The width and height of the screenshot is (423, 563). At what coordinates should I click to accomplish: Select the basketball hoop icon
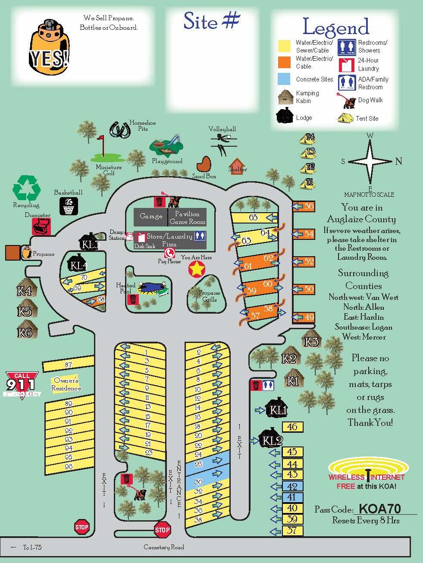point(69,206)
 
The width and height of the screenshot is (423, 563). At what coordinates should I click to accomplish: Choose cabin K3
point(311,340)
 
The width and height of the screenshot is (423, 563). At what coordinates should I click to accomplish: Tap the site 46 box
point(292,427)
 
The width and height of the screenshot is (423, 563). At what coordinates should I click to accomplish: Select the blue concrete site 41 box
point(292,497)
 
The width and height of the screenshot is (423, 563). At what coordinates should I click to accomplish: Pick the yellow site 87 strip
point(69,365)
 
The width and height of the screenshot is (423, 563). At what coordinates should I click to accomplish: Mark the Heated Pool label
point(125,288)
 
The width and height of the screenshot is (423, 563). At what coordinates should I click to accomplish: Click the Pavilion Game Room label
point(188,217)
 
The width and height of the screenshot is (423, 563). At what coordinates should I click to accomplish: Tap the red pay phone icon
point(169,253)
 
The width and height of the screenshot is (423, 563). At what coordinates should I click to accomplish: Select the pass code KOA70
point(379,509)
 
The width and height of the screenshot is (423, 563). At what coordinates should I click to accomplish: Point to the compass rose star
point(370,161)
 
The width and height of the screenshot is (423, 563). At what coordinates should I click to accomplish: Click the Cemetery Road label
point(164,547)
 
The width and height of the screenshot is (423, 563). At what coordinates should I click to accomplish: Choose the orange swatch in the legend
point(284,62)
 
